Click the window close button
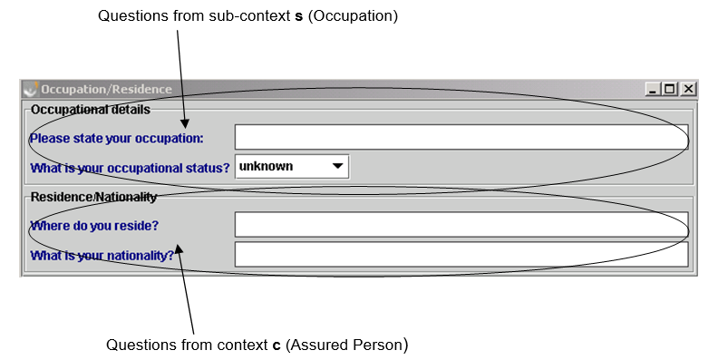click(x=688, y=89)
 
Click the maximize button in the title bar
click(x=670, y=89)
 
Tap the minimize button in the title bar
click(x=653, y=89)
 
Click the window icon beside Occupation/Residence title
click(x=31, y=89)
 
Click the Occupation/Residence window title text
click(x=106, y=89)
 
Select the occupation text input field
click(x=461, y=137)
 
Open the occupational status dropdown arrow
click(x=337, y=166)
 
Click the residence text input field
click(x=461, y=224)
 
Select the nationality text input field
click(x=461, y=254)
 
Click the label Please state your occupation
click(x=117, y=139)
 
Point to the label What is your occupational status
click(x=130, y=168)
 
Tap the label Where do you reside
click(x=94, y=226)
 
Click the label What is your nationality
click(x=102, y=256)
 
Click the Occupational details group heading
click(x=91, y=110)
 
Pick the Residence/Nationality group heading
click(x=94, y=197)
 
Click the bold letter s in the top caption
click(x=299, y=16)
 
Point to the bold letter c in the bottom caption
click(x=277, y=345)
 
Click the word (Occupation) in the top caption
click(x=353, y=16)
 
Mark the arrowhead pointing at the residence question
click(x=179, y=248)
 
